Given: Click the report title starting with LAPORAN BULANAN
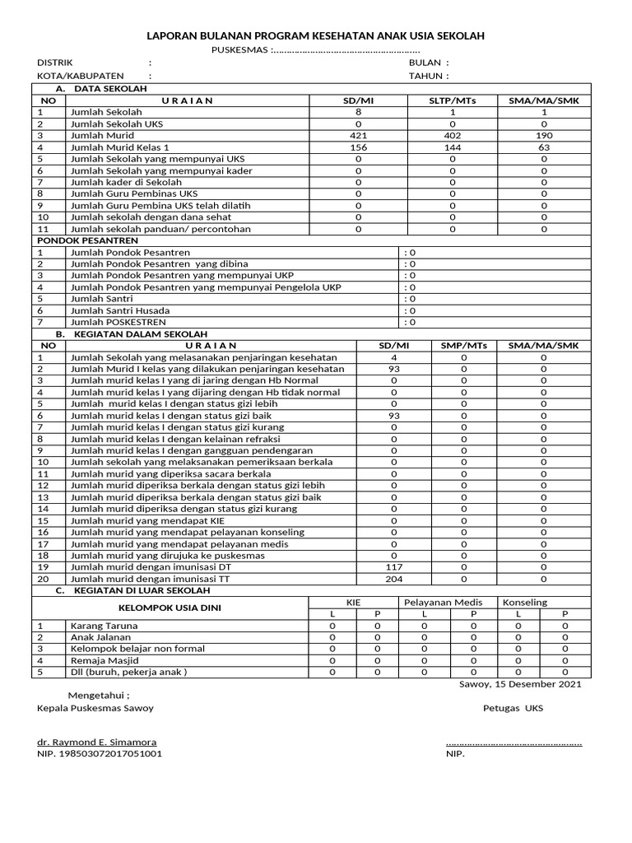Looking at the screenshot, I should [x=315, y=36].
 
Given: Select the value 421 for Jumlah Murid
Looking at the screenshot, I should [x=358, y=135].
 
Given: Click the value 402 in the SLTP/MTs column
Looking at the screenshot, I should [x=453, y=135].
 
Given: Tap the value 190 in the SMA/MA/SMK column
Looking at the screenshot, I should [x=544, y=135].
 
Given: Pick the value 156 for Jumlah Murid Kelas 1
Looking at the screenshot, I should [x=358, y=147].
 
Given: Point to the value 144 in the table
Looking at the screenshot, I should [x=453, y=147].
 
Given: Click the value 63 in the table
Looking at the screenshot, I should [x=544, y=147].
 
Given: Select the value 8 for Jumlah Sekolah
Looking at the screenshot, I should [x=358, y=112].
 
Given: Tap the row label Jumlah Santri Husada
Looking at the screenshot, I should [x=120, y=310].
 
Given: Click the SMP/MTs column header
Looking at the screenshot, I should [x=464, y=346].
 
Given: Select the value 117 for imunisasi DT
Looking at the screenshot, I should [x=394, y=567].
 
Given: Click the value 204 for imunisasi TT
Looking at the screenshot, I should [x=394, y=579].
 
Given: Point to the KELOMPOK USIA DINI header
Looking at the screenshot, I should [x=170, y=608].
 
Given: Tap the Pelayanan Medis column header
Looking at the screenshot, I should [x=448, y=603].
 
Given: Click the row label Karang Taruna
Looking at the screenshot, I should [x=105, y=626].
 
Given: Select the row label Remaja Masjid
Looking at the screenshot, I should [x=105, y=660].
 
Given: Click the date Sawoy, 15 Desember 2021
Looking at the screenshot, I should [x=519, y=683].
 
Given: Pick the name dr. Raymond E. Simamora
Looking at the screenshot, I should [x=96, y=742].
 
